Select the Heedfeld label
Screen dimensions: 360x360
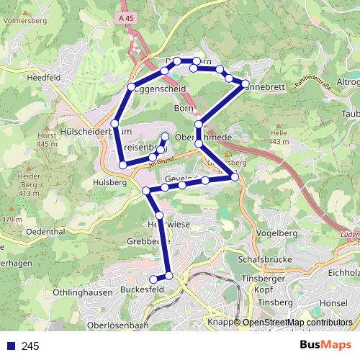pyautogui.click(x=42, y=77)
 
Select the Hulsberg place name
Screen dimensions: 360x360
pyautogui.click(x=109, y=183)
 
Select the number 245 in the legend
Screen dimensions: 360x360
pyautogui.click(x=30, y=346)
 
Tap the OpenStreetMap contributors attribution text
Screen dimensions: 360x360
pyautogui.click(x=297, y=323)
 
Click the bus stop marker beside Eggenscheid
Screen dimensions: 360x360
pyautogui.click(x=131, y=88)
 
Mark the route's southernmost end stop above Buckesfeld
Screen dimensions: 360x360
pyautogui.click(x=153, y=279)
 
